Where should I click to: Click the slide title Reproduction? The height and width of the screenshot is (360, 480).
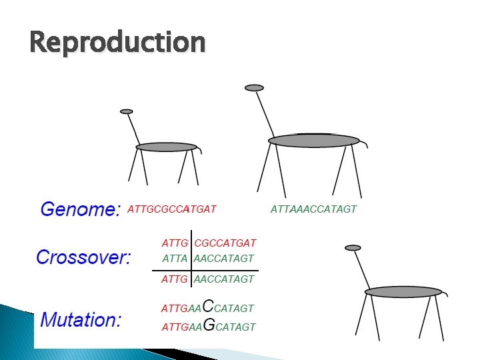point(117,43)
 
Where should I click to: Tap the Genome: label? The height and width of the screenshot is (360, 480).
point(80,210)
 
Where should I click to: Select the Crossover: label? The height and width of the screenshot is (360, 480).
point(84,257)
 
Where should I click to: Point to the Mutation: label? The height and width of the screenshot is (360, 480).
point(81,319)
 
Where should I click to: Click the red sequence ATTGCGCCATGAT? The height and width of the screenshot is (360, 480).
point(171,209)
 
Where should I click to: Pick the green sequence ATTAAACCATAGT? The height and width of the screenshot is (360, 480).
point(313,209)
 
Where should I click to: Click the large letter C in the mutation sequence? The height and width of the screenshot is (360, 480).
point(207,306)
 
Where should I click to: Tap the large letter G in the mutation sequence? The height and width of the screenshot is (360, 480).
point(208,326)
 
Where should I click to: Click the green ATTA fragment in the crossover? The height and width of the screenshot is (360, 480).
point(175,258)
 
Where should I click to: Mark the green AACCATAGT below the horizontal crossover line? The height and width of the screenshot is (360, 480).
point(223,279)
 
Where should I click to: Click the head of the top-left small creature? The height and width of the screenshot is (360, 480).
point(127,111)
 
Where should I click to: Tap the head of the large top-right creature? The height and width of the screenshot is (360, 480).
point(254,87)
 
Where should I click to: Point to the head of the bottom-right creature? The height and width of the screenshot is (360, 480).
point(353,247)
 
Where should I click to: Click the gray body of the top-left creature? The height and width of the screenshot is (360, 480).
point(167,147)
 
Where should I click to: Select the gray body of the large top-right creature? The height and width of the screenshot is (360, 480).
point(313,141)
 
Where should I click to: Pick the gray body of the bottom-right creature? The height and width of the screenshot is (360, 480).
point(403,291)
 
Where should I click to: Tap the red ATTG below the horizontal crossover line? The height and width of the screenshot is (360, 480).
point(175,279)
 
